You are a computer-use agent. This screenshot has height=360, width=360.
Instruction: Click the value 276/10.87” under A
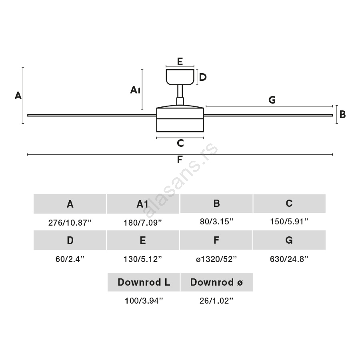(x=70, y=223)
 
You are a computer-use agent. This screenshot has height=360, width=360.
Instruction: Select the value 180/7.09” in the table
(x=143, y=223)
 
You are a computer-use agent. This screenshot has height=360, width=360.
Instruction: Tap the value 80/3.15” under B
(x=216, y=222)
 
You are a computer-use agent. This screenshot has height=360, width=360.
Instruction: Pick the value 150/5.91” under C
(x=289, y=222)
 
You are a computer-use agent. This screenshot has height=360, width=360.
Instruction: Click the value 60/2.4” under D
(x=70, y=259)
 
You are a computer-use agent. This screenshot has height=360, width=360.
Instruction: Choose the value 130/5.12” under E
(x=143, y=259)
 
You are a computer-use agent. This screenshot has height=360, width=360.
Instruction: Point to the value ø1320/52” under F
(x=216, y=259)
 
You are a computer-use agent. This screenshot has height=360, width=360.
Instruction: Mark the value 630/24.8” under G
(x=289, y=259)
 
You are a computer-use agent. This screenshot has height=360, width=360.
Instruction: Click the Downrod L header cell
(x=144, y=282)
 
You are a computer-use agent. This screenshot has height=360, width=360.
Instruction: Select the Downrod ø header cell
(x=216, y=282)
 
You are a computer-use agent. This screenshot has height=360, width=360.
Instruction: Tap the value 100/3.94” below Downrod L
(x=144, y=301)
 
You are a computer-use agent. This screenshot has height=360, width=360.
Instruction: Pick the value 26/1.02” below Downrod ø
(x=216, y=301)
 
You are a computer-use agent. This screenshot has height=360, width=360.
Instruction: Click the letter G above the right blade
(x=272, y=100)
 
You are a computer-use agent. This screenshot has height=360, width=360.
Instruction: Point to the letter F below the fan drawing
(x=180, y=160)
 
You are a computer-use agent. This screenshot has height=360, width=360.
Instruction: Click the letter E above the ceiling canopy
(x=180, y=61)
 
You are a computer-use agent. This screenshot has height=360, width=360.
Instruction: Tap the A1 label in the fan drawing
(x=135, y=90)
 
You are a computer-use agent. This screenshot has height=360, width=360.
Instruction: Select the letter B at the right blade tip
(x=342, y=115)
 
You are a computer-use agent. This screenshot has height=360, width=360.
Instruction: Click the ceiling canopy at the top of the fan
(x=180, y=77)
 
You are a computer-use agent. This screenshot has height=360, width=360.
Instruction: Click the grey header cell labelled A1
(x=143, y=204)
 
